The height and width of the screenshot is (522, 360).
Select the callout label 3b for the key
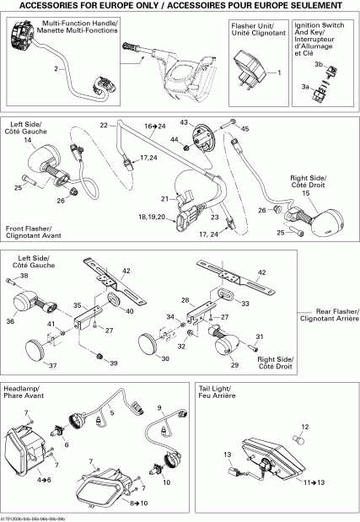(318, 65)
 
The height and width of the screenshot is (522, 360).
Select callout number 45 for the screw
(245, 128)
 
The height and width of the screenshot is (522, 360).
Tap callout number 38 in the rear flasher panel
(24, 276)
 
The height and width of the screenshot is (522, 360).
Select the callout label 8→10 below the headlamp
(138, 503)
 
